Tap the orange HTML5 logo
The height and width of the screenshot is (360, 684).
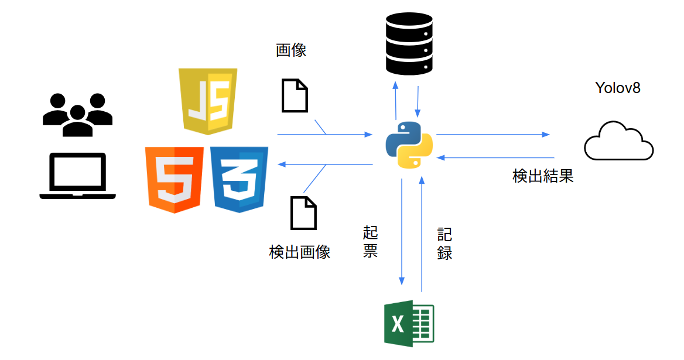(175, 179)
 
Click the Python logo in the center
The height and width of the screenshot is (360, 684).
(409, 145)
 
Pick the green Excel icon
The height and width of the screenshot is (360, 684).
(408, 323)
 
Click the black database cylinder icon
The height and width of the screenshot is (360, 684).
(409, 44)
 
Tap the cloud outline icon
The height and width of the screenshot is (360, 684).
(618, 142)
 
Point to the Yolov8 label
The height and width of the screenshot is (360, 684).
(618, 88)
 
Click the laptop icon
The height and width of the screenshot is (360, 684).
(77, 177)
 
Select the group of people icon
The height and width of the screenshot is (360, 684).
(77, 114)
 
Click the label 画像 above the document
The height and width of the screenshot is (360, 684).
(291, 50)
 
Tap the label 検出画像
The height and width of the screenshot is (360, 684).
(300, 252)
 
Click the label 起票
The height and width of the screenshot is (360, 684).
(370, 242)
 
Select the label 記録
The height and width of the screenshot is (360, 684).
(444, 244)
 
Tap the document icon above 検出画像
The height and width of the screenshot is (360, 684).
(303, 213)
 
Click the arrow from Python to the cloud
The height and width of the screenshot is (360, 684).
(493, 135)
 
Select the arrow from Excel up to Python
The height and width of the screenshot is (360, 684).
(422, 234)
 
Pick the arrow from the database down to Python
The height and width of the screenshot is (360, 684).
(418, 101)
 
